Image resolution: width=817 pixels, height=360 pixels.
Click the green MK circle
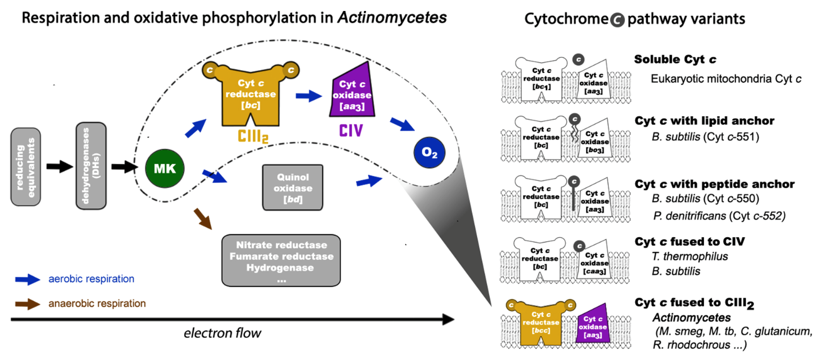point(164,168)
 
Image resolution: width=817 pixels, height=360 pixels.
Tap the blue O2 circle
point(429,152)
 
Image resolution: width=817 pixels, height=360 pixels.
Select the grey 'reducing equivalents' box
point(25,166)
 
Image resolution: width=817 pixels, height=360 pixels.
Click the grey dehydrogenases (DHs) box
point(91,166)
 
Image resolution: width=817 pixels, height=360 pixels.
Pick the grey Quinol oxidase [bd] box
point(292,188)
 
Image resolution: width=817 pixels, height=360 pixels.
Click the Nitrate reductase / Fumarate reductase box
point(281,260)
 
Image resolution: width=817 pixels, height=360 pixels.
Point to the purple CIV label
point(351,131)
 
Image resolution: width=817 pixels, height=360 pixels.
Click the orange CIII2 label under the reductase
point(253,136)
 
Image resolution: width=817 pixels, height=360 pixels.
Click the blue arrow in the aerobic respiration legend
point(28,279)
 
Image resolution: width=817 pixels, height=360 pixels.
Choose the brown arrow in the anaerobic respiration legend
point(28,304)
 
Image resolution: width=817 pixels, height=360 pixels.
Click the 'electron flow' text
point(222,333)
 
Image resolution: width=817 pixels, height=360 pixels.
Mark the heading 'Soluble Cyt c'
point(675,59)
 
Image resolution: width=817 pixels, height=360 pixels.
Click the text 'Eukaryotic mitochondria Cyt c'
point(725,79)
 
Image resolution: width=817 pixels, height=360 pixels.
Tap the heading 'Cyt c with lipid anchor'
point(704,121)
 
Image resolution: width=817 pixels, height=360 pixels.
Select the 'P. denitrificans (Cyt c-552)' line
point(719,215)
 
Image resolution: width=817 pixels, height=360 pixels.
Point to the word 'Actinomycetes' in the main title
point(392,17)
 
